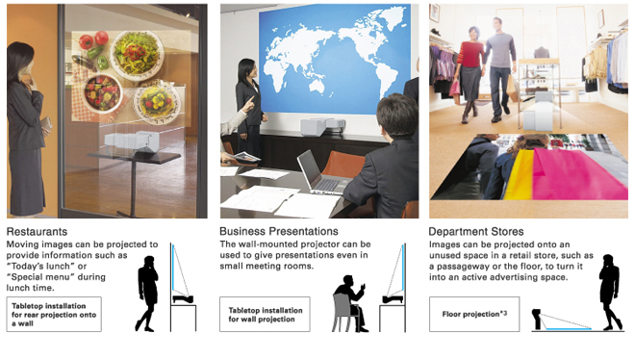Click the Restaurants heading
tap(37, 232)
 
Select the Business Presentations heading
tap(279, 231)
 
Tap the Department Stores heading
tap(476, 232)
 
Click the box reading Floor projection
tap(474, 314)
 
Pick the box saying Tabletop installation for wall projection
tap(265, 314)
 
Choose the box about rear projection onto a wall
tap(54, 314)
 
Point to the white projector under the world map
tap(322, 126)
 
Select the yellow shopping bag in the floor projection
tap(519, 175)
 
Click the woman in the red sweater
tap(470, 74)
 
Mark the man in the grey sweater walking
tap(499, 69)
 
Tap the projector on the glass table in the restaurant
tap(132, 141)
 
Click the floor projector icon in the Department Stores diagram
tap(537, 319)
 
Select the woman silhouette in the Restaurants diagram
tap(146, 294)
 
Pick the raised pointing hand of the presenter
tap(247, 105)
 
